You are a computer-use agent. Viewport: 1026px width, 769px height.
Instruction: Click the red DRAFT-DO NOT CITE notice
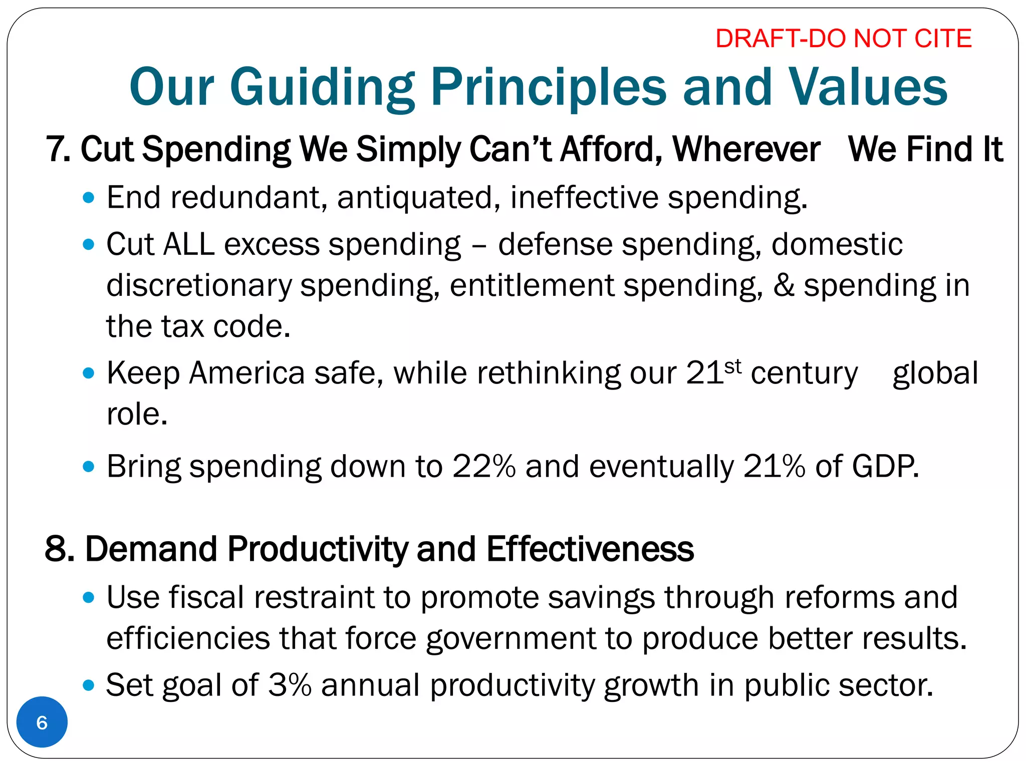point(843,39)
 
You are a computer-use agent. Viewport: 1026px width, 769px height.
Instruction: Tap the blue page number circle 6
point(42,722)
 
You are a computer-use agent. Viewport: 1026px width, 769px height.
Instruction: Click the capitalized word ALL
point(189,244)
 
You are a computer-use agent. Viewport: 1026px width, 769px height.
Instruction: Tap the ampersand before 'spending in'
point(784,285)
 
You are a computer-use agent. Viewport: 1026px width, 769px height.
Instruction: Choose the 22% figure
point(483,466)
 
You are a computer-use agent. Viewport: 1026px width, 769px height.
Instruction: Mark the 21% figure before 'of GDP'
point(774,466)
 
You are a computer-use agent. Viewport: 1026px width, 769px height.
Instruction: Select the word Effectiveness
point(590,549)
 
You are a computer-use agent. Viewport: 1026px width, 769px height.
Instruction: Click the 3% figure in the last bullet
point(290,685)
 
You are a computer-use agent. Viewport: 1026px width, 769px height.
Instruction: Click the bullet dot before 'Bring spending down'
point(89,467)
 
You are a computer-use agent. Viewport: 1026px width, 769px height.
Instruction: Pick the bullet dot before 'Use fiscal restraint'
point(89,597)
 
